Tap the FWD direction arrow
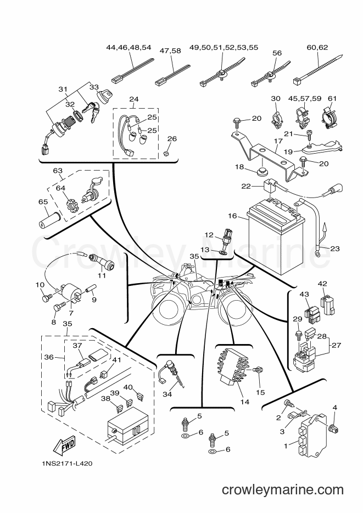pyautogui.click(x=65, y=446)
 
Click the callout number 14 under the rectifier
pyautogui.click(x=245, y=402)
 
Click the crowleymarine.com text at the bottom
pyautogui.click(x=283, y=490)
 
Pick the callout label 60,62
pyautogui.click(x=317, y=47)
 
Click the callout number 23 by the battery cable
pyautogui.click(x=335, y=249)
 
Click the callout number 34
pyautogui.click(x=167, y=394)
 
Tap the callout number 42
pyautogui.click(x=322, y=283)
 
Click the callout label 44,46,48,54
pyautogui.click(x=129, y=47)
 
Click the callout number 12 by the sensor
pyautogui.click(x=209, y=235)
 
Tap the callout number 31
pyautogui.click(x=63, y=89)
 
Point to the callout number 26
pyautogui.click(x=172, y=139)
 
